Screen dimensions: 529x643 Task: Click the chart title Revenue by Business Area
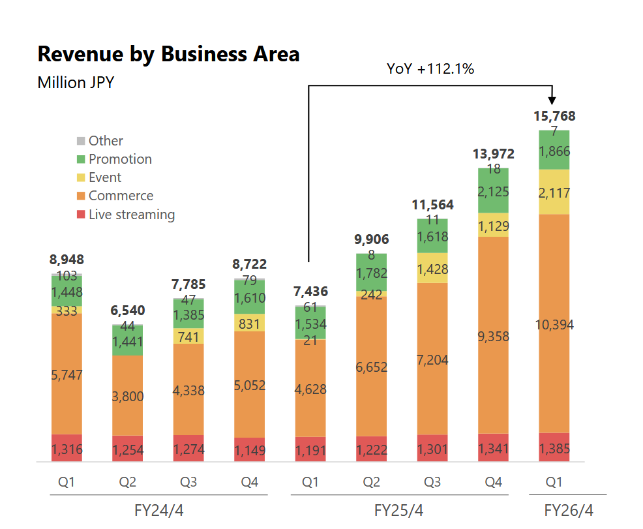coord(168,54)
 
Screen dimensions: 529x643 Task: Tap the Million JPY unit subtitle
coord(76,83)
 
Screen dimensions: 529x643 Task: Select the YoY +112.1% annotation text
coord(430,68)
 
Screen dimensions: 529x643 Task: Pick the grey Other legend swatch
coord(81,141)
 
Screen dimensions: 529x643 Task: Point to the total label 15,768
coord(554,116)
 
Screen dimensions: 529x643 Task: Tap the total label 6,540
coord(127,310)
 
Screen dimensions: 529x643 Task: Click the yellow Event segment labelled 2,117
coord(554,192)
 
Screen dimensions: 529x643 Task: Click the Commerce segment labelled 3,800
coord(128,395)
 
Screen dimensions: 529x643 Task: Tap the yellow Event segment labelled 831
coord(250,323)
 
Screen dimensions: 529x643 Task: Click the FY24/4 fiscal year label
coord(158,509)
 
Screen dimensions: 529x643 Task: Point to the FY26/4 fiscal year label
coord(569,509)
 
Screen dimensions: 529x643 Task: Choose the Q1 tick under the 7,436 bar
coord(310,482)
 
